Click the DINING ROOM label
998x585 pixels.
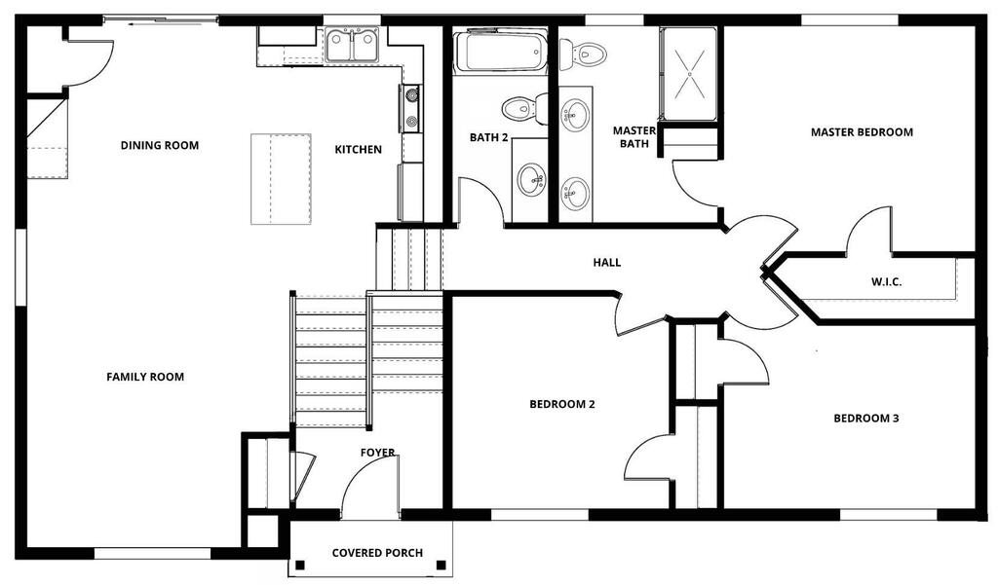(x=160, y=146)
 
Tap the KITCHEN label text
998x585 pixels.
(x=359, y=150)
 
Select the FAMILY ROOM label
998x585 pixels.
(x=145, y=377)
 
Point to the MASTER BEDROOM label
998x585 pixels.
(x=862, y=132)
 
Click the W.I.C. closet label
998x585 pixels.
(x=886, y=281)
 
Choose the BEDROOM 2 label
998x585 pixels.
(x=562, y=404)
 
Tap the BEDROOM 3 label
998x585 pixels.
(x=866, y=419)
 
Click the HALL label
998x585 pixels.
(x=607, y=263)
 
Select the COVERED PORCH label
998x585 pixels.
(x=377, y=553)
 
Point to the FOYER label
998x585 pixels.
(x=377, y=453)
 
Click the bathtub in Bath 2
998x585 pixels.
(x=500, y=52)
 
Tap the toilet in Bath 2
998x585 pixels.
(x=524, y=108)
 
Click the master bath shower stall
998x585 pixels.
(x=690, y=74)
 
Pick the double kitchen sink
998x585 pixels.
(x=351, y=46)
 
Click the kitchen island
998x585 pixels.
(x=281, y=179)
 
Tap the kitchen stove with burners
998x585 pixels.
(x=411, y=108)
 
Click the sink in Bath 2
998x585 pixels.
(x=530, y=181)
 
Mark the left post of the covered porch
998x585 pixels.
(x=300, y=564)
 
